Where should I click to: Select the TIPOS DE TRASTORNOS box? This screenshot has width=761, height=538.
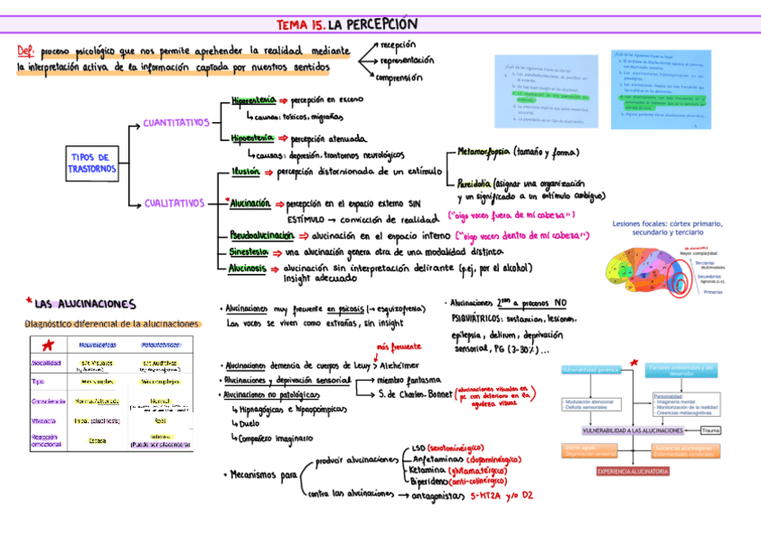[x=92, y=163]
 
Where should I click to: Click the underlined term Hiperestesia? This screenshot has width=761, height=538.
[x=252, y=100]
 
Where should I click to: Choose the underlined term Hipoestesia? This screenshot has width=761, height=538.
[x=252, y=138]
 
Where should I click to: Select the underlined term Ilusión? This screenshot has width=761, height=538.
[x=245, y=170]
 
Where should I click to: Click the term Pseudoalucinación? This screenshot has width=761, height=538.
[x=261, y=234]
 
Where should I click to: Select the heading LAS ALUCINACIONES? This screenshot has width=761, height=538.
[x=85, y=304]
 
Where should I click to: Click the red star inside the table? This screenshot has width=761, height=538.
[x=48, y=346]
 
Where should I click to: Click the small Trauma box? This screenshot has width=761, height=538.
[x=712, y=431]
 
